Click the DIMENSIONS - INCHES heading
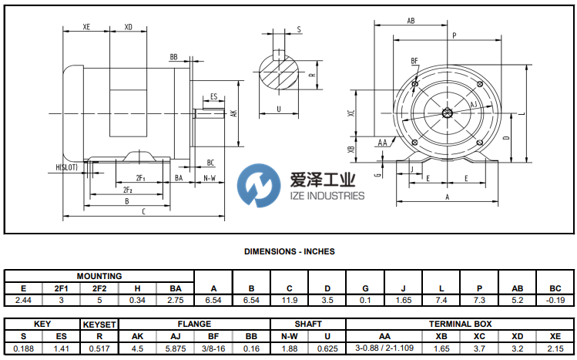pos(289,251)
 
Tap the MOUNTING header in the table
pos(99,276)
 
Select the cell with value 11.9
pos(289,299)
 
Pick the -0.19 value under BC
pos(555,299)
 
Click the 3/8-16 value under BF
pos(213,348)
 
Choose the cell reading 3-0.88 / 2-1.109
pos(384,348)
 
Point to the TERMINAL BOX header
pos(460,324)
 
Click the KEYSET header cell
pos(99,324)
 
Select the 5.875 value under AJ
pos(175,348)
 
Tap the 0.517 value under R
pos(99,348)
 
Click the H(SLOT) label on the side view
pos(67,167)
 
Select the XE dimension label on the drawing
pos(87,27)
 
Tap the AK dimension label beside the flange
pos(233,113)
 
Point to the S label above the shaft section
pos(298,29)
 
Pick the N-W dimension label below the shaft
pos(209,177)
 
